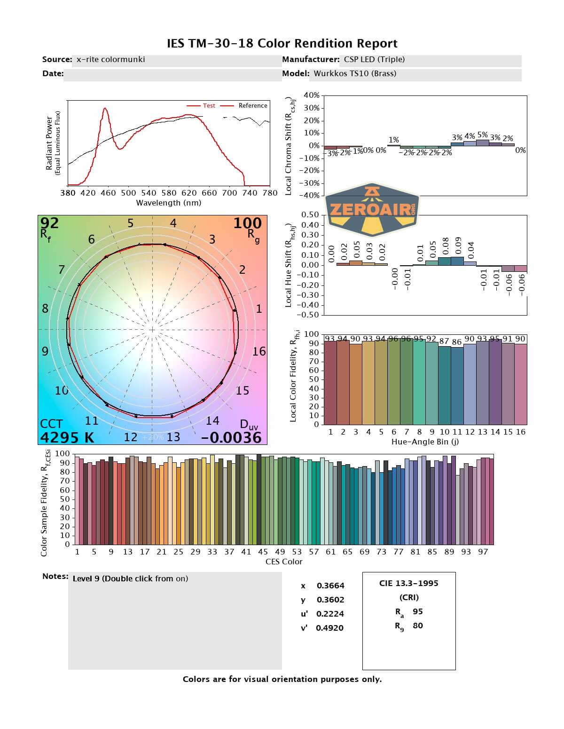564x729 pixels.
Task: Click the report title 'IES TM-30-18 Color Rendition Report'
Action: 282,44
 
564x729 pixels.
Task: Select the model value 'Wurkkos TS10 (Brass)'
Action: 355,73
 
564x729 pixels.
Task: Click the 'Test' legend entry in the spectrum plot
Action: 209,106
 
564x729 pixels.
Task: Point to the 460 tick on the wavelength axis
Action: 108,192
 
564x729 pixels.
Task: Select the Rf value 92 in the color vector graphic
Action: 50,222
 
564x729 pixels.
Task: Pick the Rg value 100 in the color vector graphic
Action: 247,223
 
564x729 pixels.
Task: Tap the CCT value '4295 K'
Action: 67,437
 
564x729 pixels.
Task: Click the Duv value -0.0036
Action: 231,437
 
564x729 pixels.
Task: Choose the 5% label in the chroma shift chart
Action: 482,135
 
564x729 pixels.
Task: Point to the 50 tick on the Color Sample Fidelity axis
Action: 64,499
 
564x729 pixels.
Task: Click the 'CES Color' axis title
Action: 284,562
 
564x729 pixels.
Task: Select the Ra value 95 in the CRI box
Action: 417,611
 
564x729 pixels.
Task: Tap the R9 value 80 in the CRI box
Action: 417,626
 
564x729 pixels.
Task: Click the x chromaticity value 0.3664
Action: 330,586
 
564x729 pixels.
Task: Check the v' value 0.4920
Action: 329,628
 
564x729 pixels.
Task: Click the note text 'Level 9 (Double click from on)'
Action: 130,578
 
